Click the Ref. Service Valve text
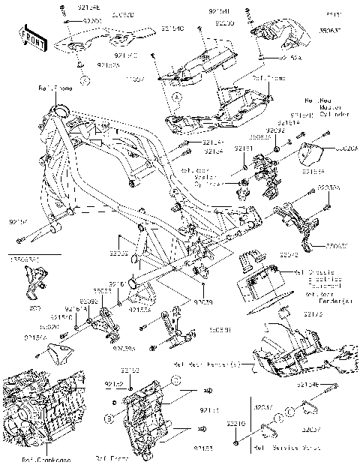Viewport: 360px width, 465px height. point(277,449)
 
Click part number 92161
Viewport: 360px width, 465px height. point(114,285)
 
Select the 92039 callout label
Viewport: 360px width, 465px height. point(202,301)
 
